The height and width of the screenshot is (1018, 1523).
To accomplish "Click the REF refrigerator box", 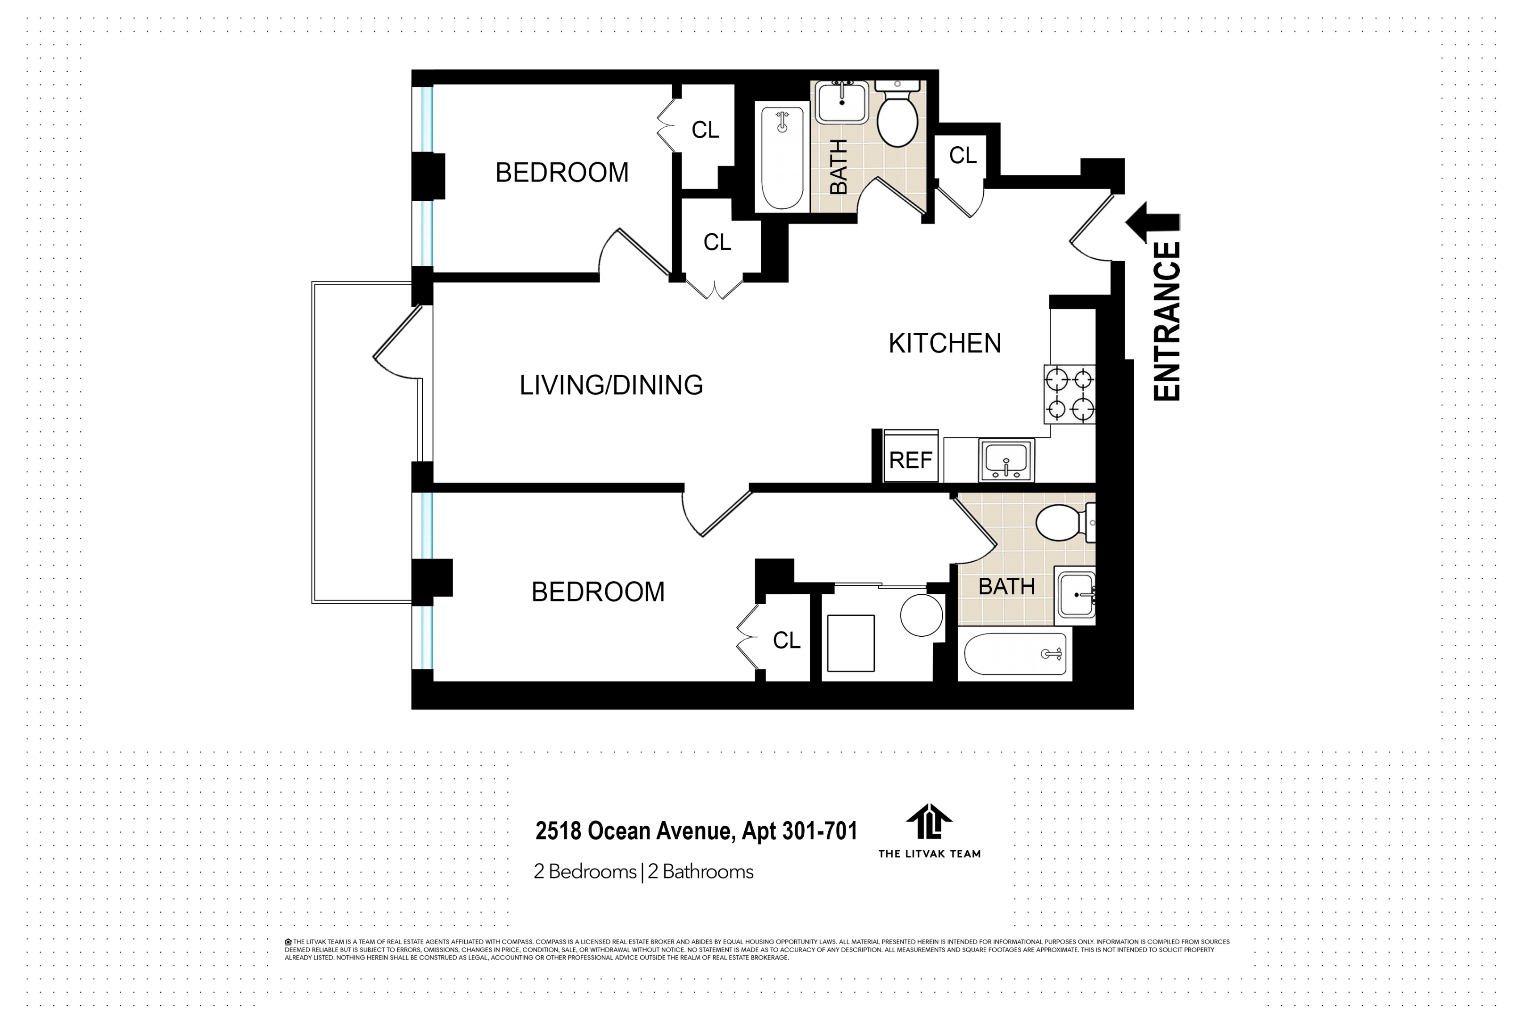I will click(x=910, y=457).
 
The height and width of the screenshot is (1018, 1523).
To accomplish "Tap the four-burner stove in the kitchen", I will click(x=1069, y=394).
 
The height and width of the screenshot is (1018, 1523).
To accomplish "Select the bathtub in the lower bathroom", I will click(x=1015, y=654).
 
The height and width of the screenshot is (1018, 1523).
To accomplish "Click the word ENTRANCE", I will click(x=1166, y=321).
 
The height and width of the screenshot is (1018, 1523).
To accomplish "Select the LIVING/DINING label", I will click(x=611, y=385).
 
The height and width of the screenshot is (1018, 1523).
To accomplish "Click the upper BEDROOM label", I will click(x=561, y=172).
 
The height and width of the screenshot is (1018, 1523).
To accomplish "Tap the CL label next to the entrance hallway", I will click(x=962, y=155).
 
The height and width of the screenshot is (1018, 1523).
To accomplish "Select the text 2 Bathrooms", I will click(x=700, y=872).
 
